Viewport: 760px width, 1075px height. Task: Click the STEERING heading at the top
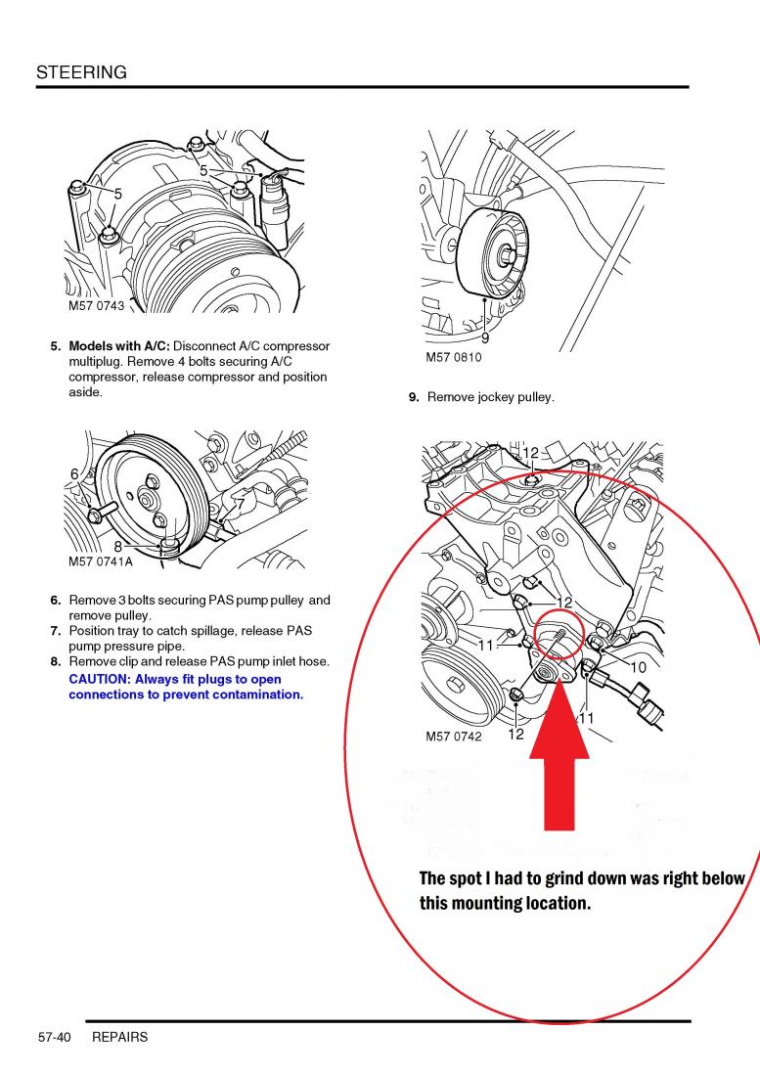pos(81,72)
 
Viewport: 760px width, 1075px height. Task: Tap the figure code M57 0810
pos(453,358)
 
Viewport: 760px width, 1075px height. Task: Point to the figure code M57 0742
pos(453,737)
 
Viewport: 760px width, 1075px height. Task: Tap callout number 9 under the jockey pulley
pos(485,338)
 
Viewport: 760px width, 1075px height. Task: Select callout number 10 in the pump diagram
pos(638,667)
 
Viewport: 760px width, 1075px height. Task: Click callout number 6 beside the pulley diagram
pos(74,474)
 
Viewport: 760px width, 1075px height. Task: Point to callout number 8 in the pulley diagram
pos(118,547)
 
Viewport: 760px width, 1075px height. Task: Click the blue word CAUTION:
pos(99,679)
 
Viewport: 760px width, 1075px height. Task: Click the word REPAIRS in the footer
pos(119,1037)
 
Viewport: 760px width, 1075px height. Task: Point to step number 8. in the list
pos(57,661)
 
